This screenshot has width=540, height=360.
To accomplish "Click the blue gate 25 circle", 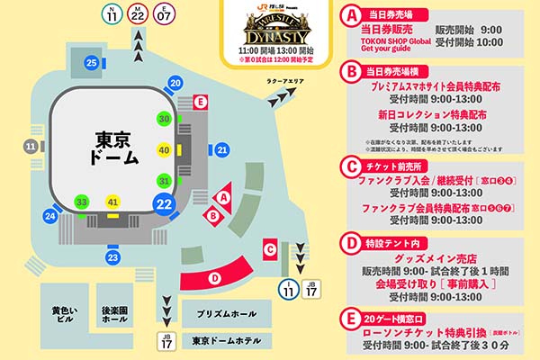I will tap(92, 62).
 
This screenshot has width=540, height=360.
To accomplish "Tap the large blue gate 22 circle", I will tap(164, 204).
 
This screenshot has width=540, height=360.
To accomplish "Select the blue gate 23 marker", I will tap(112, 258).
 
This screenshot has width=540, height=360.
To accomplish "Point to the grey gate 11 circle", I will tap(31, 146).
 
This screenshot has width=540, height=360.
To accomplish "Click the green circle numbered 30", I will tap(164, 118).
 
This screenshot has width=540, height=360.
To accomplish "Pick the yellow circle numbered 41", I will tap(112, 202).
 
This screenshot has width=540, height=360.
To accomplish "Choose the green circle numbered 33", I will tap(82, 202).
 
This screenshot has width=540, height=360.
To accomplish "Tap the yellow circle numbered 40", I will tap(164, 149).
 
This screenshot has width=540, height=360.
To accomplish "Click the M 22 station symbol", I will tap(137, 13).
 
